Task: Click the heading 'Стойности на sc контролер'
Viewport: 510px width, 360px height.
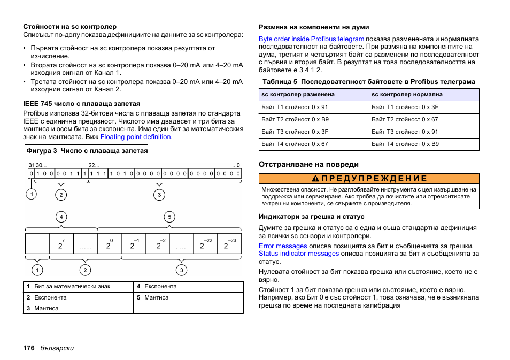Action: click(69, 26)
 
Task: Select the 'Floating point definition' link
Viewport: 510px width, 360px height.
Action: click(136, 137)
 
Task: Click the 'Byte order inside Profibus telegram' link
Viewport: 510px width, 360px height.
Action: click(311, 39)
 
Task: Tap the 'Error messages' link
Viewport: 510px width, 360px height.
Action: click(283, 246)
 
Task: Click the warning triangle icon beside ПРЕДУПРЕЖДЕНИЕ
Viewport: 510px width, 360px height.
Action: click(316, 179)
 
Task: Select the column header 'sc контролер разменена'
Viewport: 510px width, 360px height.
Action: click(298, 94)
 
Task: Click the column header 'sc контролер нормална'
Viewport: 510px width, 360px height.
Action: click(407, 94)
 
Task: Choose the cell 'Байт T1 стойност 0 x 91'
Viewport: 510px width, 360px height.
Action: click(295, 107)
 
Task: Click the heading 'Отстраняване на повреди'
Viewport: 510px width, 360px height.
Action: click(308, 164)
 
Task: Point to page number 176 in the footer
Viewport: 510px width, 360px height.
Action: click(28, 348)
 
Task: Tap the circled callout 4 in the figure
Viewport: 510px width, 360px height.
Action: click(62, 217)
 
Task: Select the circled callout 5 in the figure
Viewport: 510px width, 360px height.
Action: click(169, 217)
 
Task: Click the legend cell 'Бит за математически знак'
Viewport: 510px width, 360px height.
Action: click(72, 287)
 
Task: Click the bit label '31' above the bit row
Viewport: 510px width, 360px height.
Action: click(31, 165)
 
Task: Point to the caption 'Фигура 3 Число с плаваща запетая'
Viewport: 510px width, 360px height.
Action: click(85, 151)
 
